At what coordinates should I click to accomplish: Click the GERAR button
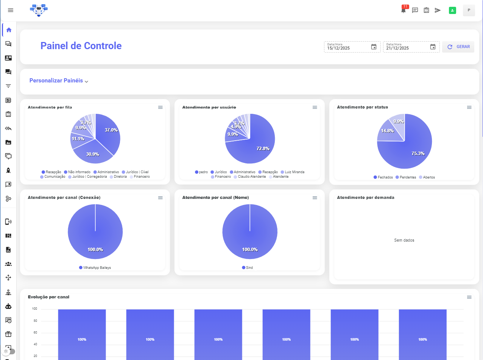pyautogui.click(x=458, y=47)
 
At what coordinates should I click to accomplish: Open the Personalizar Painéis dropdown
pyautogui.click(x=59, y=81)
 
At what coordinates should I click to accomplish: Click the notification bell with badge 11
pyautogui.click(x=404, y=10)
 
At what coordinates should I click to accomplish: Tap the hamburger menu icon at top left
pyautogui.click(x=11, y=10)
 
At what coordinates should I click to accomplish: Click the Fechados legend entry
pyautogui.click(x=383, y=177)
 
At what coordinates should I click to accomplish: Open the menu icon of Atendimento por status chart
pyautogui.click(x=469, y=107)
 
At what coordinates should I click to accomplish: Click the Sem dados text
pyautogui.click(x=404, y=240)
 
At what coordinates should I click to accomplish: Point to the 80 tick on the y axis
pyautogui.click(x=35, y=321)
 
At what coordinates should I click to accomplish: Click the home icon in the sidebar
pyautogui.click(x=9, y=30)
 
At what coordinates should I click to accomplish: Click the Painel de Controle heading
pyautogui.click(x=81, y=46)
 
